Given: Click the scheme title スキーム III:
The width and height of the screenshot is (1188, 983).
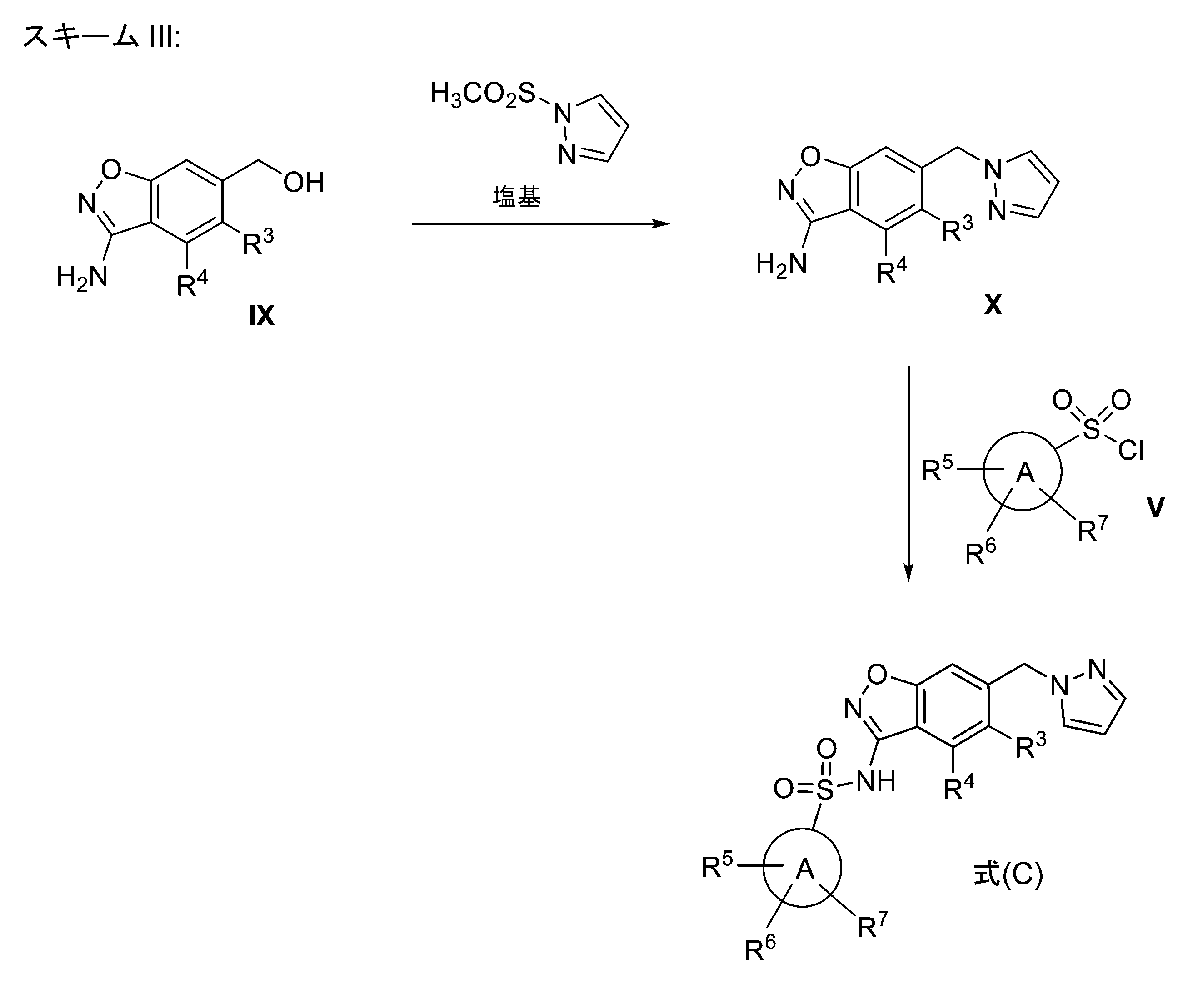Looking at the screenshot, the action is (x=101, y=37).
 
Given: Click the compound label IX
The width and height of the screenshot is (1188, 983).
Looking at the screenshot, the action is (x=261, y=316).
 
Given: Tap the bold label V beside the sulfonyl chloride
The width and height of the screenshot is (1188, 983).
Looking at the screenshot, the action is (x=1155, y=507).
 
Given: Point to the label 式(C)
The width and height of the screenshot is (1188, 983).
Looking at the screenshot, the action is (x=1008, y=874).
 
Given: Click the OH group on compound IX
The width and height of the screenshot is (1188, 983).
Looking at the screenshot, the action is (x=304, y=182).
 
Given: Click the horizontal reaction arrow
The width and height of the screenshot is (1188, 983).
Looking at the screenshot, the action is (x=541, y=224).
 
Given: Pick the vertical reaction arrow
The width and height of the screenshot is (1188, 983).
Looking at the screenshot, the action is (x=908, y=474).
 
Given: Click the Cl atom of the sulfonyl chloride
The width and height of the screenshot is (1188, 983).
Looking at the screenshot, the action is (x=1131, y=451).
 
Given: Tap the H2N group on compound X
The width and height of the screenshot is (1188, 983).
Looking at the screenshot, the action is (x=781, y=264).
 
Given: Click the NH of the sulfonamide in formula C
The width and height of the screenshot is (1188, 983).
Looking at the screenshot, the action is (x=876, y=782).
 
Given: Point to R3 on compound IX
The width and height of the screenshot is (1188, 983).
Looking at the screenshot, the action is (x=258, y=242).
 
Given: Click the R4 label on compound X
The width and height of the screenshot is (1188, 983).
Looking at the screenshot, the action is (x=891, y=270).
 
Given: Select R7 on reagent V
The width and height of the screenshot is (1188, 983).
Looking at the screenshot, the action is (x=1093, y=529).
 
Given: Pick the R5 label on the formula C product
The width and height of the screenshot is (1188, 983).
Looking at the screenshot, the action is (x=717, y=865).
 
